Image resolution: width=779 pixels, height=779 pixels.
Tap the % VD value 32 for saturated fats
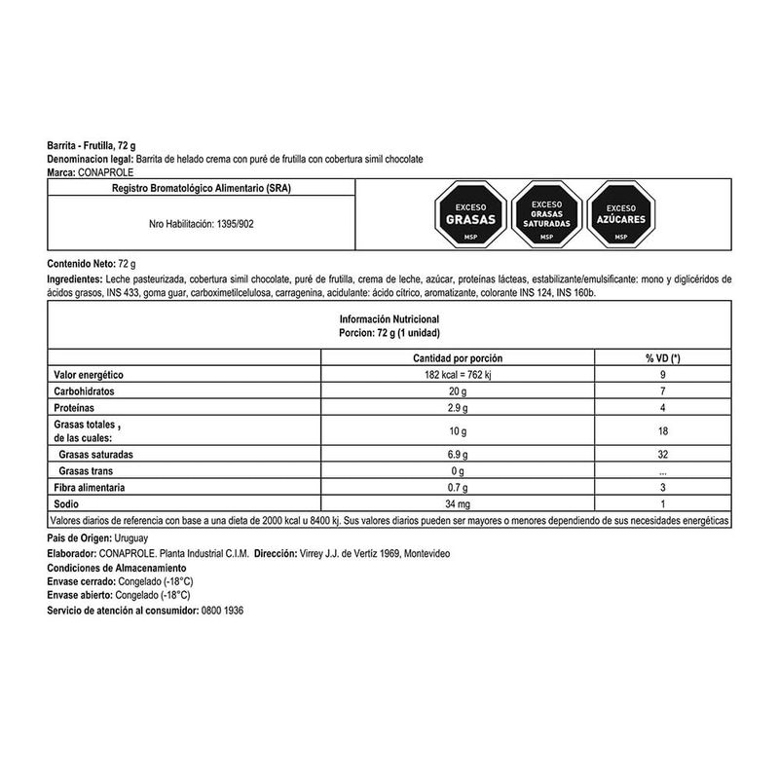(661, 455)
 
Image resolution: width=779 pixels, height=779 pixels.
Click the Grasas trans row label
(89, 471)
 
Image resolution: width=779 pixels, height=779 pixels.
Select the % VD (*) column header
(661, 358)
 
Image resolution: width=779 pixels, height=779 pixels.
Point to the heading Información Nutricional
(389, 318)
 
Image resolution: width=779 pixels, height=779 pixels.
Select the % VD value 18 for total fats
(661, 431)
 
